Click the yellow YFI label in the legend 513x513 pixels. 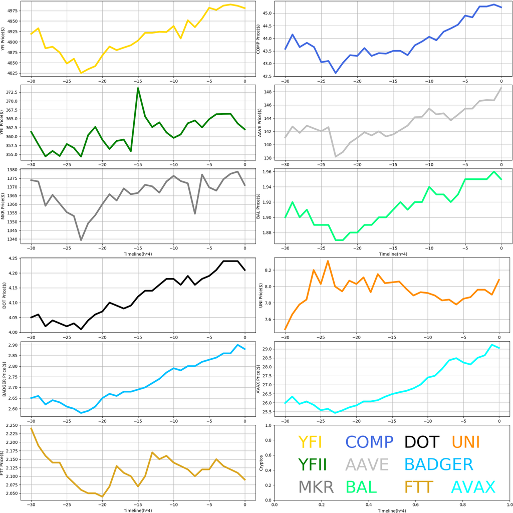coord(310,442)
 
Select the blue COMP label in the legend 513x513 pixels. coord(369,442)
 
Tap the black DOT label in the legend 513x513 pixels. coord(421,442)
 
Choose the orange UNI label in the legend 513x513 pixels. coord(465,442)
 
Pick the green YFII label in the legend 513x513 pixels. coord(312,464)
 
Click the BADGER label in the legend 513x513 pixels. coord(438,464)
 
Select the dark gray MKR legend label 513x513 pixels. coord(316,487)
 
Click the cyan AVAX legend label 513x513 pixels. coord(473,487)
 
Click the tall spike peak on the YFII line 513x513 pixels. coord(138,88)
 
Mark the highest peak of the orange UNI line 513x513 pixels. coord(328,261)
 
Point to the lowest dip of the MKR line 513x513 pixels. coord(81,240)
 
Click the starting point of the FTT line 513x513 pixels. coord(31,428)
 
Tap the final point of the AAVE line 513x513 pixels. coord(501,88)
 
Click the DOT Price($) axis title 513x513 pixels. coord(5,296)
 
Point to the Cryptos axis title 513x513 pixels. coord(261,463)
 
